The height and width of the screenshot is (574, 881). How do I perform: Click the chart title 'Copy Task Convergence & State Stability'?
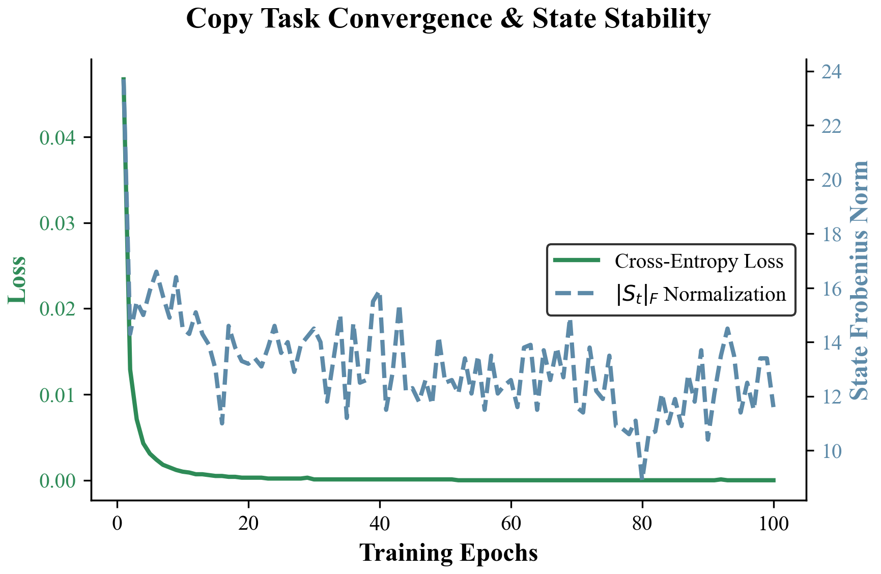pos(448,19)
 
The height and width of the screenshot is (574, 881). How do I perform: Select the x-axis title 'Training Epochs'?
pos(448,553)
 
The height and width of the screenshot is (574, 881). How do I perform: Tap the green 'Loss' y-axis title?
pos(18,279)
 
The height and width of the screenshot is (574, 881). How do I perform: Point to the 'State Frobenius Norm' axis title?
pos(860,279)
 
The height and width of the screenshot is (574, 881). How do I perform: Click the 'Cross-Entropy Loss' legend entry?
pos(698,261)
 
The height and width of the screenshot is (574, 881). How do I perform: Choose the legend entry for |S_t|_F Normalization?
pos(700,294)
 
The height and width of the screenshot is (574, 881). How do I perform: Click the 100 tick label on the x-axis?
pos(774,523)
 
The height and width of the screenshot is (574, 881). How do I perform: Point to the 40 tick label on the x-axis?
pos(380,523)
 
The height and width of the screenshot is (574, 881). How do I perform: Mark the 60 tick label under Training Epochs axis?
pos(511,523)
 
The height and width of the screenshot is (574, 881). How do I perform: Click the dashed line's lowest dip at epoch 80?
pos(642,477)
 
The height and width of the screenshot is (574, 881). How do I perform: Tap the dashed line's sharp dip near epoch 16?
pos(222,422)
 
